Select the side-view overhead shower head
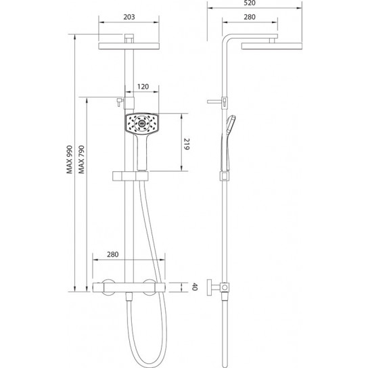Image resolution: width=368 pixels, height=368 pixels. [x=260, y=45]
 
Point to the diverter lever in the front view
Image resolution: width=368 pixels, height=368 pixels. [x=117, y=102]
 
